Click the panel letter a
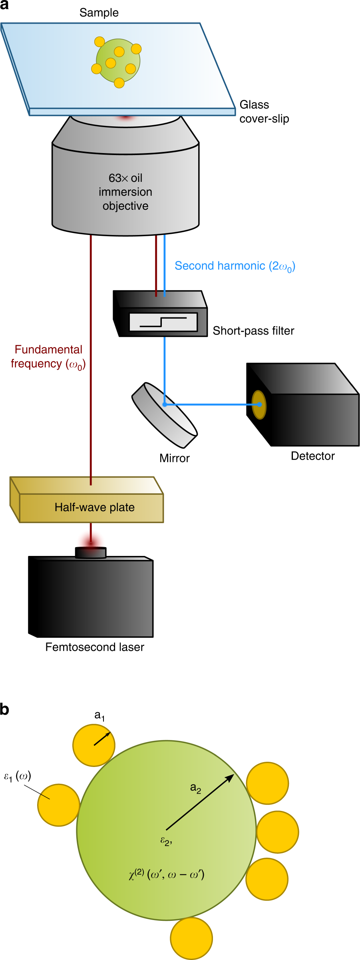point(4,5)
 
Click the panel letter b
point(4,709)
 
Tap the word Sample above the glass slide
point(99,13)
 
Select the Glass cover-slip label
point(264,112)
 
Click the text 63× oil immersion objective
point(125,192)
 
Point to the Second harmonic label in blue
point(235,266)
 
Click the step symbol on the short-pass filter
point(163,322)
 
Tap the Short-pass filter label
point(253,331)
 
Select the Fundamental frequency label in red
point(48,357)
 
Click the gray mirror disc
point(164,416)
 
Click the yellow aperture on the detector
point(259,405)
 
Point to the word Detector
point(312,456)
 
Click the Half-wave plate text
point(94,508)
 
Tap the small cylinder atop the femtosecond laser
point(91,552)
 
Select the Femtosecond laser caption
point(94,647)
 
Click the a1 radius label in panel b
point(99,716)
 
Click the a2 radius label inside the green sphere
point(195,788)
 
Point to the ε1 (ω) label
point(17,776)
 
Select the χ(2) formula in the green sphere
point(166,875)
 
